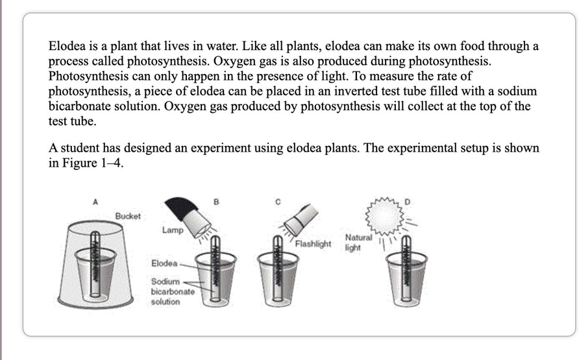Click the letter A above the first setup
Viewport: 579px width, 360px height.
(95, 202)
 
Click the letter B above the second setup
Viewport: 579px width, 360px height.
(216, 202)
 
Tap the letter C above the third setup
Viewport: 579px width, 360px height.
(278, 202)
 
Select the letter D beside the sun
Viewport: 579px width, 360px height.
(407, 202)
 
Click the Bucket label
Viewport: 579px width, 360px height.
(128, 216)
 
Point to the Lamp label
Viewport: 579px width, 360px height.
(173, 230)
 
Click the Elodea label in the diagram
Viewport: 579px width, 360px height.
(164, 263)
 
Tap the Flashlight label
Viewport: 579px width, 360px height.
(313, 244)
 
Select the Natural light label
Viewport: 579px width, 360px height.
(358, 243)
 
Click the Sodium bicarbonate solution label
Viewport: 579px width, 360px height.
(173, 291)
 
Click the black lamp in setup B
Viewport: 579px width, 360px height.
(188, 218)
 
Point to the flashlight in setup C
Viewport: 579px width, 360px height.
(301, 220)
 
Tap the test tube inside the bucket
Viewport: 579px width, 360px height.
(95, 263)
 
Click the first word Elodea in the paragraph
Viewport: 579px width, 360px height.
(67, 46)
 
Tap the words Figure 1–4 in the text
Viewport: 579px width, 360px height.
(92, 163)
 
